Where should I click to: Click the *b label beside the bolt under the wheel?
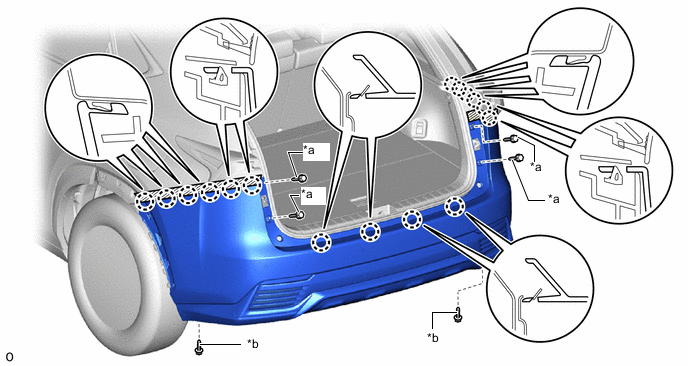pyautogui.click(x=252, y=344)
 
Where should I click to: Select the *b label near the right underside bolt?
pyautogui.click(x=433, y=337)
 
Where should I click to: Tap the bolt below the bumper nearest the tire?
pyautogui.click(x=198, y=347)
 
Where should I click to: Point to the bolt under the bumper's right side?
pyautogui.click(x=458, y=315)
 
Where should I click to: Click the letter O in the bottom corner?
pyautogui.click(x=10, y=357)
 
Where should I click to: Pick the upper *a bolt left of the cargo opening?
pyautogui.click(x=301, y=178)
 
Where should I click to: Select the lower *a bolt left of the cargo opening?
pyautogui.click(x=299, y=215)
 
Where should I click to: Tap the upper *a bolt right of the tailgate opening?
pyautogui.click(x=512, y=140)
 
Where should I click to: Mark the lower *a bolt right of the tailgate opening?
pyautogui.click(x=519, y=158)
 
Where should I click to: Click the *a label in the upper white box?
pyautogui.click(x=309, y=151)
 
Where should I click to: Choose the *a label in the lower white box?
pyautogui.click(x=306, y=194)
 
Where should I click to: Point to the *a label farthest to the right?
pyautogui.click(x=553, y=199)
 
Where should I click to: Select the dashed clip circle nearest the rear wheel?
pyautogui.click(x=144, y=202)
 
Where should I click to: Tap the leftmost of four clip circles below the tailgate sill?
pyautogui.click(x=321, y=243)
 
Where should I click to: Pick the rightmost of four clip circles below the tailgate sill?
pyautogui.click(x=455, y=207)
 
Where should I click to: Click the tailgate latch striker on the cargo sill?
pyautogui.click(x=382, y=210)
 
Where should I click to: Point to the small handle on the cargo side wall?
pyautogui.click(x=420, y=127)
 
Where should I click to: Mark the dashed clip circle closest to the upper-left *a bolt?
pyautogui.click(x=252, y=186)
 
